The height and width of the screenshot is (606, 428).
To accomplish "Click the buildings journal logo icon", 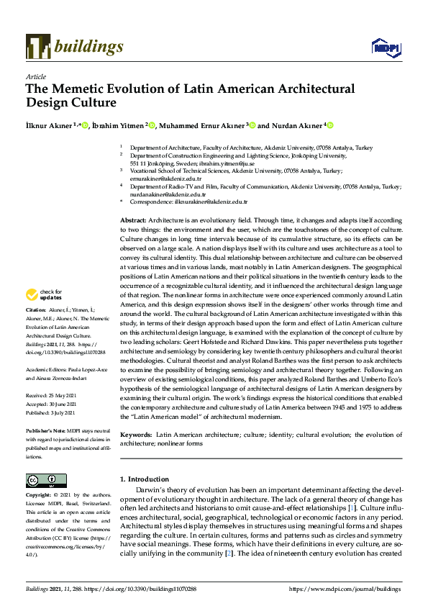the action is point(37,47).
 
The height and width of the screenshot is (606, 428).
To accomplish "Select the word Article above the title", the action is point(35,76).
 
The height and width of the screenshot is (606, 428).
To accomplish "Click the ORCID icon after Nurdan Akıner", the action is point(330,125).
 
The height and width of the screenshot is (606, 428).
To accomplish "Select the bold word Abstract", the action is point(132,219).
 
